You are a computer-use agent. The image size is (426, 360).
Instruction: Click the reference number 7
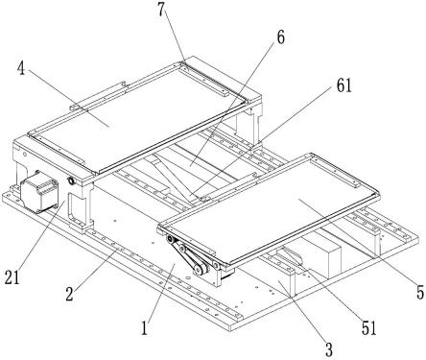pos(162,11)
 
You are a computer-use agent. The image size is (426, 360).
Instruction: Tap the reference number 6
pos(280,37)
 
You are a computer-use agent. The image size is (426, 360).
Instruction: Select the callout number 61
pos(343,86)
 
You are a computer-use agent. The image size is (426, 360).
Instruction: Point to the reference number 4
pos(22,69)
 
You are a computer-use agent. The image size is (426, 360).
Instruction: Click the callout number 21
pos(12,277)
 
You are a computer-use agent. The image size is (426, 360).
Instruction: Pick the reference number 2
pos(69,294)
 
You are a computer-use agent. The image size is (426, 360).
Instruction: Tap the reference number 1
pos(145,328)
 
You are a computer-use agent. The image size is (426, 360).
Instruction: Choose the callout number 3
pos(329,349)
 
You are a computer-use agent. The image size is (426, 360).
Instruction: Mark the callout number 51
pos(368,328)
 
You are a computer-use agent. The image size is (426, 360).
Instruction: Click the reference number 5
pos(420,293)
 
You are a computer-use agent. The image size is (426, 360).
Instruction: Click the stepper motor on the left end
pos(39,195)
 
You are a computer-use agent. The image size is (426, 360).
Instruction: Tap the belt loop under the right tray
pos(188,255)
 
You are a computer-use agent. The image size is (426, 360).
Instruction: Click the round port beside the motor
pos(70,181)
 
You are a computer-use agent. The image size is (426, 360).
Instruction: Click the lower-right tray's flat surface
pos(272,208)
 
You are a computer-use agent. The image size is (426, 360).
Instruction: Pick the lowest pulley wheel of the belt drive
pos(199,271)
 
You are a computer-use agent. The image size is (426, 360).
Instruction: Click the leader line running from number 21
pos(39,235)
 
